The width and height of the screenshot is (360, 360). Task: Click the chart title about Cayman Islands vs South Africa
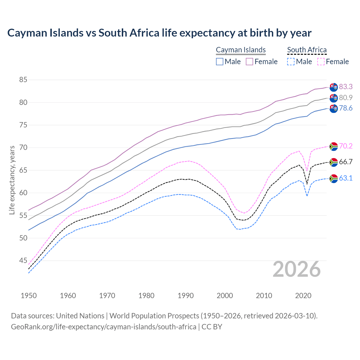159,33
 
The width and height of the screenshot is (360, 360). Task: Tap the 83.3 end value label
346,87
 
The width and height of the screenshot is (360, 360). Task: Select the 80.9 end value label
346,98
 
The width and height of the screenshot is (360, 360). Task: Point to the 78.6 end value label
346,108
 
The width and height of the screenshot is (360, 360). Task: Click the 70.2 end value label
346,146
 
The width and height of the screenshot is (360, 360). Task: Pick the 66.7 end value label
346,162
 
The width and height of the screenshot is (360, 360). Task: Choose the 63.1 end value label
346,178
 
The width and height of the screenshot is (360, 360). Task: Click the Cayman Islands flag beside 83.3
334,87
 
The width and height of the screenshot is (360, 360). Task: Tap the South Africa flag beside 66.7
334,162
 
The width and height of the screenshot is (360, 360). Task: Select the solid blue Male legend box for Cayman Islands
220,62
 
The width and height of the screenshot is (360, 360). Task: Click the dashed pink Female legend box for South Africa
321,62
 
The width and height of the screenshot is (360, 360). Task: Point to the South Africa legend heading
307,50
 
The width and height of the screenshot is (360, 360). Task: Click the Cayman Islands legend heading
241,50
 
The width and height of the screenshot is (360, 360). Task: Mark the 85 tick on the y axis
23,80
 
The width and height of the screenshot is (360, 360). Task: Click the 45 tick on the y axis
23,261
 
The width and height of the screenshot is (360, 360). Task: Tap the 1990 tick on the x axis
186,296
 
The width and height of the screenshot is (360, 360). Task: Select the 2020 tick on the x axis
303,296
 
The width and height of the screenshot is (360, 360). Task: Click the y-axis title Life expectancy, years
12,180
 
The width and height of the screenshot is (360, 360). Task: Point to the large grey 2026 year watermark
297,269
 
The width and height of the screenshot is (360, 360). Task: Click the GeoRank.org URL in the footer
103,327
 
